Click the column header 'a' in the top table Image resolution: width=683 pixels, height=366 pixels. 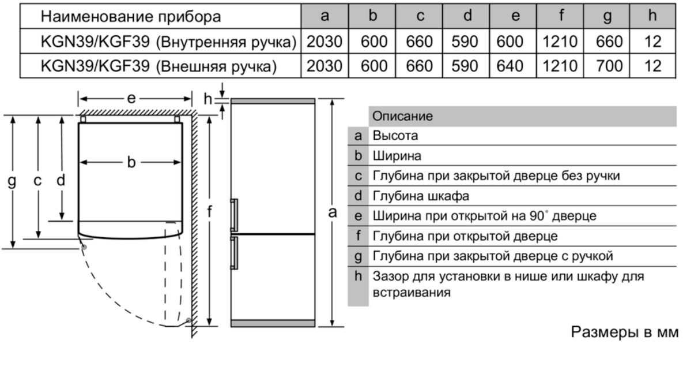[324, 16]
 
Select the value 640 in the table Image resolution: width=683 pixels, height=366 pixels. [510, 66]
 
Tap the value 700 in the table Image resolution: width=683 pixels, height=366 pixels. [609, 66]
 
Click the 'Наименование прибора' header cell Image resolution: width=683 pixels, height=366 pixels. [131, 16]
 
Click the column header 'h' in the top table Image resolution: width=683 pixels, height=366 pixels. [652, 16]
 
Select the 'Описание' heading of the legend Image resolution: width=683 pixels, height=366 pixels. [402, 116]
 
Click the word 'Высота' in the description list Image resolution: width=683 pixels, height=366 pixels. [395, 136]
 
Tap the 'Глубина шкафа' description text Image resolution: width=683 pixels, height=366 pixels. [421, 196]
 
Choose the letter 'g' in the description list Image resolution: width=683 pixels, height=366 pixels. [358, 257]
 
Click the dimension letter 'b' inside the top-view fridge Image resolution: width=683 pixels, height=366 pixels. [131, 162]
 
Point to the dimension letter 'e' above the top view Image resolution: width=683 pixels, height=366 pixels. [131, 99]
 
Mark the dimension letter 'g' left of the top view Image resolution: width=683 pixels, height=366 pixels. [12, 181]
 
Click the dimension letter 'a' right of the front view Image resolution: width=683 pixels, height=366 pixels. [333, 212]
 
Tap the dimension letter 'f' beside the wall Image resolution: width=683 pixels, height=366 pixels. [210, 212]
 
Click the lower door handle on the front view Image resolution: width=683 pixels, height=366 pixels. [234, 253]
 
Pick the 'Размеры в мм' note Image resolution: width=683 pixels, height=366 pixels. [625, 332]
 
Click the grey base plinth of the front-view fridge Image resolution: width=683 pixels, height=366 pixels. [273, 323]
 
